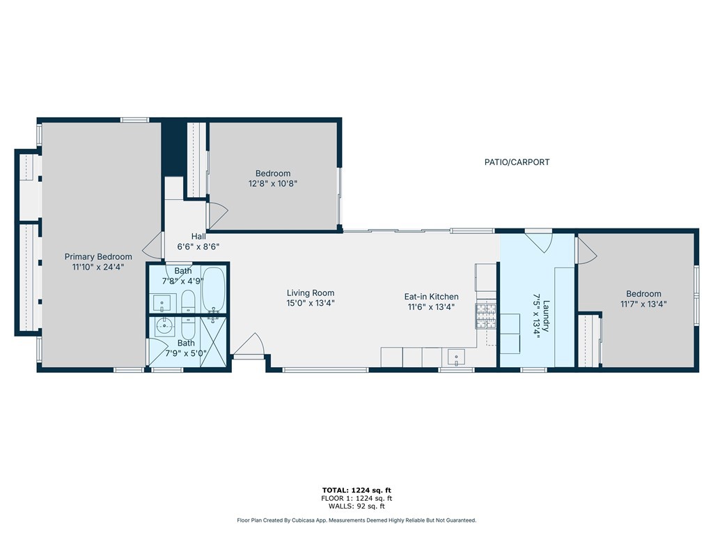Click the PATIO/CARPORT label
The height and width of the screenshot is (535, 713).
517,162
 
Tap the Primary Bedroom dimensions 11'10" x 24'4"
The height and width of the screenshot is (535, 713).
98,267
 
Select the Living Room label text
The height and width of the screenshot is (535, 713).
311,293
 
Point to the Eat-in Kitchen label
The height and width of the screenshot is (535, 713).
431,297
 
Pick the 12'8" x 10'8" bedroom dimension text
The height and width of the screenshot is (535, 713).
273,184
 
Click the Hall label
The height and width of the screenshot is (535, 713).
198,237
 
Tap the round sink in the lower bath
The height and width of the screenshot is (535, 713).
165,326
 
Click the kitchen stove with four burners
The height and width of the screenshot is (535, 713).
486,316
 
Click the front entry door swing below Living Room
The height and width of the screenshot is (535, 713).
249,345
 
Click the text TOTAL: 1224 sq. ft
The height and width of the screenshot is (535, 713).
356,490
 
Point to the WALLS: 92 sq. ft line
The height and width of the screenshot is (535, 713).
356,506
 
